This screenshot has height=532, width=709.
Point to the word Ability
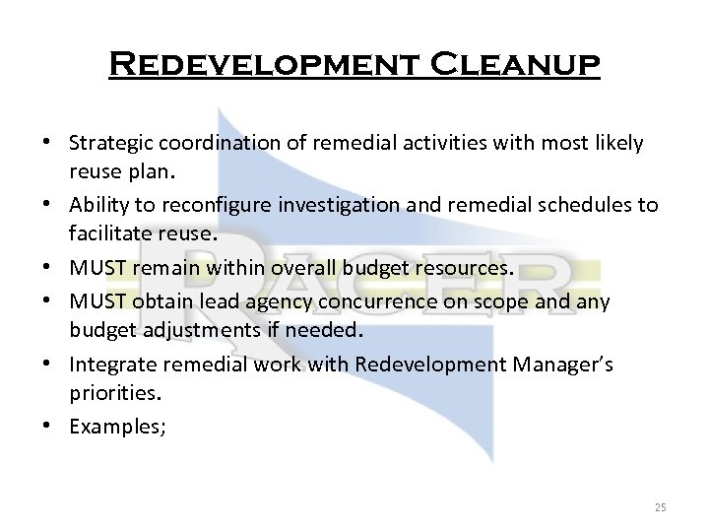point(95,204)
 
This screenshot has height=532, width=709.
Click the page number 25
point(660,507)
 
